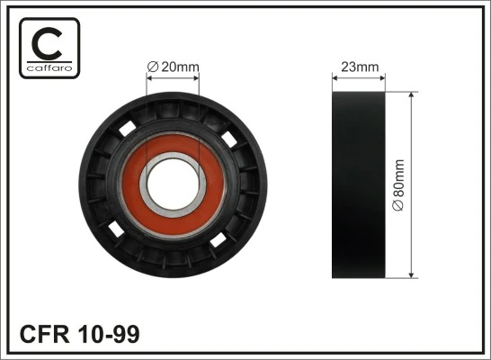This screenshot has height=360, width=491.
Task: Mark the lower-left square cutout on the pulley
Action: [x=114, y=231]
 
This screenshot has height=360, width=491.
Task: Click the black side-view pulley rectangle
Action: [x=358, y=184]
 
